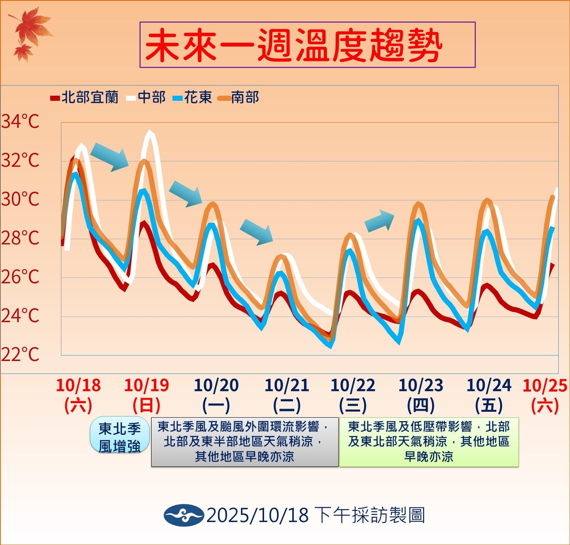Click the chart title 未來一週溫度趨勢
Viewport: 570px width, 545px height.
coord(307,45)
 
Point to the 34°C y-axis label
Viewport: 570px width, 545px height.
coord(20,122)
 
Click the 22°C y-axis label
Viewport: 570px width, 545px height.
coord(20,355)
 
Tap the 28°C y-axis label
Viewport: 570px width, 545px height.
coord(20,238)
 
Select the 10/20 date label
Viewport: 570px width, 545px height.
coord(216,386)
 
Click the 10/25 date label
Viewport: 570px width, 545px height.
coord(545,386)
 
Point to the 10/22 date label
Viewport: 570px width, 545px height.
coord(353,386)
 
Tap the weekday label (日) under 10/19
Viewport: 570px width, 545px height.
coord(147,406)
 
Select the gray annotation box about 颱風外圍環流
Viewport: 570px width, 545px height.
coord(245,442)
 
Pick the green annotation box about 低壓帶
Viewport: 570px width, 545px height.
coord(429,442)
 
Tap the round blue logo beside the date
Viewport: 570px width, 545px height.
coord(184,515)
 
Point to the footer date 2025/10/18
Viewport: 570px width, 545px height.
coord(257,515)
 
